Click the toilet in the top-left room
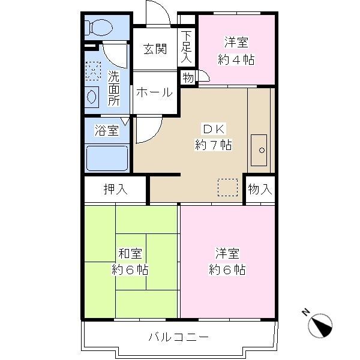[x=98, y=27]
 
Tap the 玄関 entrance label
[x=154, y=49]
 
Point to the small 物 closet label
[x=188, y=77]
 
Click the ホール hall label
[x=154, y=93]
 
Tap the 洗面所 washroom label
[x=114, y=89]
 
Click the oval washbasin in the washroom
[x=92, y=95]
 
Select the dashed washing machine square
[x=93, y=71]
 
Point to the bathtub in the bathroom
[x=107, y=158]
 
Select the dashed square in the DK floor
[x=227, y=187]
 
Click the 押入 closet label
[x=115, y=190]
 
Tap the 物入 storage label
[x=260, y=190]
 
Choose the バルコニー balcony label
[x=179, y=337]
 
